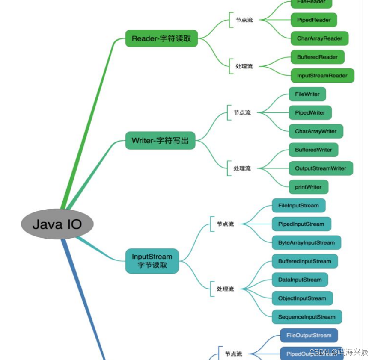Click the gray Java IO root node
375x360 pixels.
(x=57, y=224)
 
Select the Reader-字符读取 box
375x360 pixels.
(x=161, y=38)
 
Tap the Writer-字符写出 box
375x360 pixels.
(x=160, y=140)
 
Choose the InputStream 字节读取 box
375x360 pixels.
(x=152, y=261)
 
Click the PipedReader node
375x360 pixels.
(x=313, y=20)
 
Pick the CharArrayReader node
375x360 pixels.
(x=319, y=38)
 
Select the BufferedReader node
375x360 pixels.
(x=317, y=57)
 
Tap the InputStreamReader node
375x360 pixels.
(x=322, y=76)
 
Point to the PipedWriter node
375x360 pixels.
(x=310, y=113)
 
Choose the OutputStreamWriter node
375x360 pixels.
(x=321, y=168)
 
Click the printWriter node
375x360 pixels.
(x=308, y=187)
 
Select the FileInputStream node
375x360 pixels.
(x=298, y=206)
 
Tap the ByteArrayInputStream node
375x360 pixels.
(x=307, y=242)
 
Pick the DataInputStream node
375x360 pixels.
(x=300, y=280)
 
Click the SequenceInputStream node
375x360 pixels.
(x=307, y=317)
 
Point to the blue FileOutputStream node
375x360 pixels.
(x=309, y=336)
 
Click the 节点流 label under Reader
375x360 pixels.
(x=244, y=20)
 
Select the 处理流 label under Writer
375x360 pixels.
(x=242, y=168)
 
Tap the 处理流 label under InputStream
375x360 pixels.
(x=225, y=289)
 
